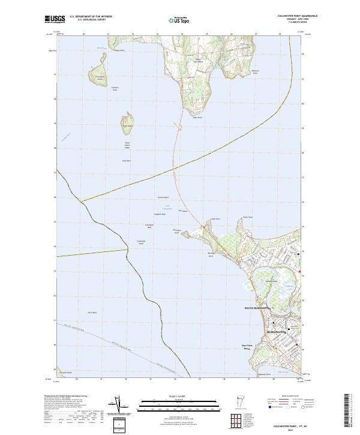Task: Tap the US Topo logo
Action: coord(175,20)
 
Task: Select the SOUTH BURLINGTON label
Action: coord(259,308)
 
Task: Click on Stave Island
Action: coord(127,125)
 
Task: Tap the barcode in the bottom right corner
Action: coord(350,410)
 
